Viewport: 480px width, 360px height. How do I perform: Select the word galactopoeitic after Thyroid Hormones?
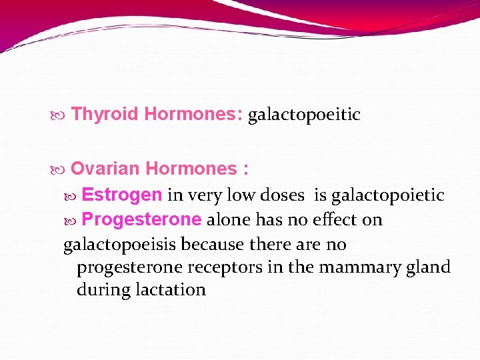(x=304, y=115)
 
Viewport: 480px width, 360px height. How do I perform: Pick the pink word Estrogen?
(x=122, y=195)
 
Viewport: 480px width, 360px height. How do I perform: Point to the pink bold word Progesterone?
(x=141, y=220)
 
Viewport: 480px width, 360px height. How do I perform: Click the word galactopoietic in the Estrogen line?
(x=387, y=195)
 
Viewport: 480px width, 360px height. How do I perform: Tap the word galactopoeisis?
(x=120, y=245)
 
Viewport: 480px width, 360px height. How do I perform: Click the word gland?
(x=430, y=268)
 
